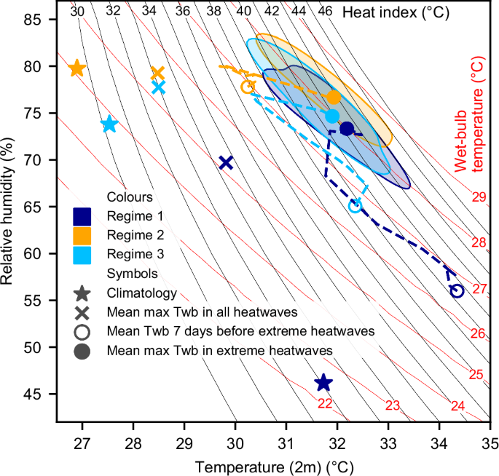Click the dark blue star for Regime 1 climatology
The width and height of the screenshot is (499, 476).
323,383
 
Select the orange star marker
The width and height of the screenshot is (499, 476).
77,69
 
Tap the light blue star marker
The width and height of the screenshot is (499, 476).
109,124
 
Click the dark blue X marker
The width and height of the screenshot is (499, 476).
226,162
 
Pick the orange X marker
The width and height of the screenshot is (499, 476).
157,74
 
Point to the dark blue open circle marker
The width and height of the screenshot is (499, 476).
457,290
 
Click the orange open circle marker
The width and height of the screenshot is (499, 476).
247,87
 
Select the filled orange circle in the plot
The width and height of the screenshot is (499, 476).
334,97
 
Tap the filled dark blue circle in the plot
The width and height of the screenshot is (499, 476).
347,129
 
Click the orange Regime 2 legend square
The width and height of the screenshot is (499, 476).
82,235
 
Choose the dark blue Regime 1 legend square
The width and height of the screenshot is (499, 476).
82,216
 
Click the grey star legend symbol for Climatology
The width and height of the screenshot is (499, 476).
82,294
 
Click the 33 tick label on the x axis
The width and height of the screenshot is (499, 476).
388,443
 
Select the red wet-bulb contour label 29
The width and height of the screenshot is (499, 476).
479,197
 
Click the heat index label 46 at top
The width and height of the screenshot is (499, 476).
325,11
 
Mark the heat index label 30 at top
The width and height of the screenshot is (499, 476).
77,11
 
